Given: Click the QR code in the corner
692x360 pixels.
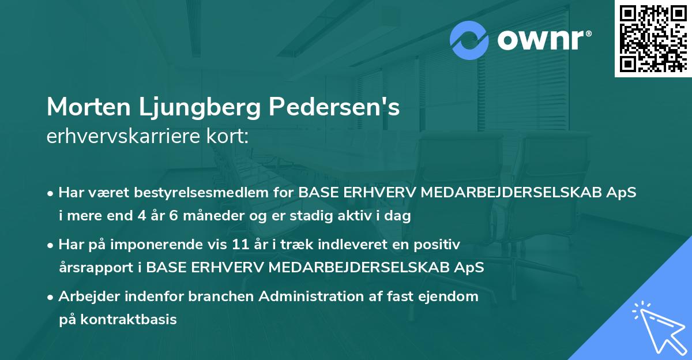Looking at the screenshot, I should point(652,39).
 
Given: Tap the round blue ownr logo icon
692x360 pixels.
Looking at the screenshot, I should point(469,40).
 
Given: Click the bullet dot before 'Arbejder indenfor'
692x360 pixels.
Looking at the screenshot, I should point(51,297).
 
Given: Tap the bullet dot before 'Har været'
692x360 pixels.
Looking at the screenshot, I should point(51,193).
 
